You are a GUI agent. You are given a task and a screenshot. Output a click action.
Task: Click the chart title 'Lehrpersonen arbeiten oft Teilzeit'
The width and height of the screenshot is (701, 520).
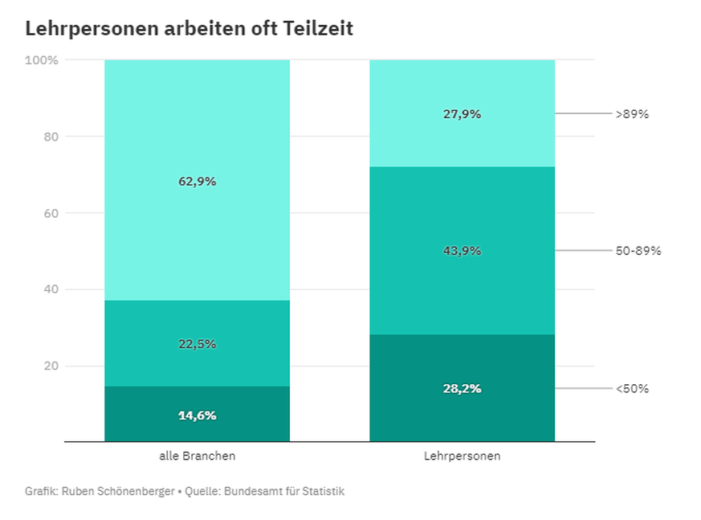[x=190, y=29]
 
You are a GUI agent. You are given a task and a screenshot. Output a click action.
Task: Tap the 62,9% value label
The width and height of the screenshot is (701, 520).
[x=197, y=182]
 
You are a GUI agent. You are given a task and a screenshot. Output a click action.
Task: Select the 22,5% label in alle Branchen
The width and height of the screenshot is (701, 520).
[x=197, y=344]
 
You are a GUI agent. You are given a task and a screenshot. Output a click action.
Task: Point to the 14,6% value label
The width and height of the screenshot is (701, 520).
[x=197, y=416]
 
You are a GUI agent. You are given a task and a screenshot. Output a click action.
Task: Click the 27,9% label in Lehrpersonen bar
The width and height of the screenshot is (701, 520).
[x=462, y=114]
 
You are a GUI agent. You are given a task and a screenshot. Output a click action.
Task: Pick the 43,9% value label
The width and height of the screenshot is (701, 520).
[x=462, y=251]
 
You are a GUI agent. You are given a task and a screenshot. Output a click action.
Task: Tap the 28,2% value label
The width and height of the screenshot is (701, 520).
[x=462, y=389]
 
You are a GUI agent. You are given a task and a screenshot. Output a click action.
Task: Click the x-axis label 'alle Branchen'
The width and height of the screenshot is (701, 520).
[x=197, y=456]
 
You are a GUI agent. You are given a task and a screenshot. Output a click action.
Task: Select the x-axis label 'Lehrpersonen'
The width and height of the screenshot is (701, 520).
[x=462, y=456]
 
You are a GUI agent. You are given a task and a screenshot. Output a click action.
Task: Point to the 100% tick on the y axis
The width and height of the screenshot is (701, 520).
[x=42, y=60]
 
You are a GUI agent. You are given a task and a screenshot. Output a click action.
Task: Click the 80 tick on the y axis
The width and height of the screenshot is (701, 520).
[x=51, y=137]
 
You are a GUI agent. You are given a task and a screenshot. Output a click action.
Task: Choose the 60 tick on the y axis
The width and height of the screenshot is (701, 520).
[x=51, y=213]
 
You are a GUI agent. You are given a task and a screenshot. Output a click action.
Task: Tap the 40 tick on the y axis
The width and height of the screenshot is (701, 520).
[x=51, y=289]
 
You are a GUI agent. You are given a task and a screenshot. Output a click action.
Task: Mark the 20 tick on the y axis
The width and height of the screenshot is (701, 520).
[x=51, y=366]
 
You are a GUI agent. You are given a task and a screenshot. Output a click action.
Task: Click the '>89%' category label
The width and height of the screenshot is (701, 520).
[x=632, y=114]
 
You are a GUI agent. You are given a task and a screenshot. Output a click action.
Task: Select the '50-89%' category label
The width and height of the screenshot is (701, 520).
[x=638, y=251]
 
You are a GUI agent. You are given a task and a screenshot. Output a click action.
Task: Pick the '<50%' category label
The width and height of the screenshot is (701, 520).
[x=632, y=389]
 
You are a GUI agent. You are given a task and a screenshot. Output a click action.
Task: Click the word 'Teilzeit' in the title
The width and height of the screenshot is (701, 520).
[x=319, y=29]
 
